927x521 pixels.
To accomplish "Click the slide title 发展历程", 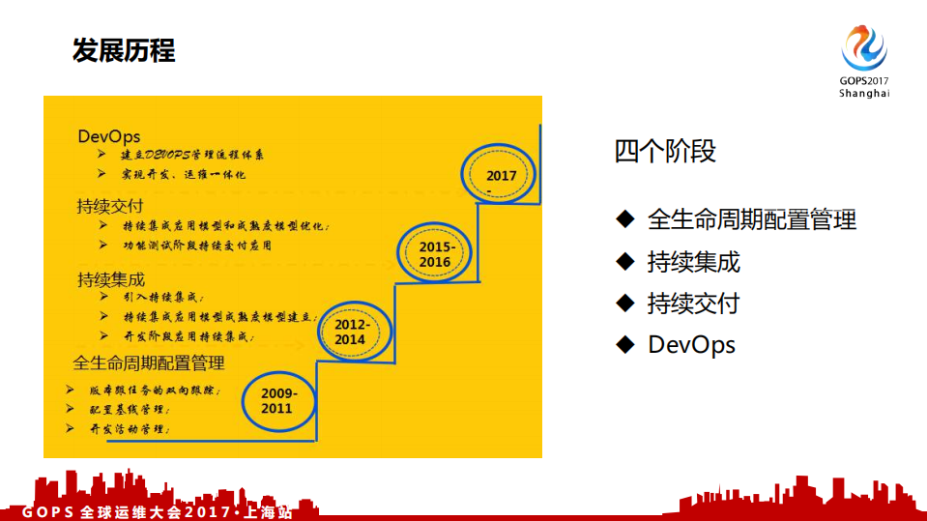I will [x=124, y=50].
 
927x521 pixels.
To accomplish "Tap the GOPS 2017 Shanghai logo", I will [x=863, y=61].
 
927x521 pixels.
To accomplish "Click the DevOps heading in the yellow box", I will [x=109, y=136].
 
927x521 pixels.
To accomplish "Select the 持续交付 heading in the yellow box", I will [x=111, y=206].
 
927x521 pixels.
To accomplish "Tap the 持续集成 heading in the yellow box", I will [x=111, y=279].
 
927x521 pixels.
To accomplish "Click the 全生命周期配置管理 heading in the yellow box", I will [x=149, y=363].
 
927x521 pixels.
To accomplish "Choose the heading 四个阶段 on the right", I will [x=665, y=152].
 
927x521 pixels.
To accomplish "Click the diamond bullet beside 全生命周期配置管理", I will [x=624, y=218].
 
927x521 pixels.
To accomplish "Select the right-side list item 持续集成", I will [x=693, y=262].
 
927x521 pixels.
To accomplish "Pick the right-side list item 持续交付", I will [x=693, y=304].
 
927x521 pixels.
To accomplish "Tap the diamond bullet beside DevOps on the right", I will [x=624, y=344].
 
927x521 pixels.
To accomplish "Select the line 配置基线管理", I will [x=130, y=410].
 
